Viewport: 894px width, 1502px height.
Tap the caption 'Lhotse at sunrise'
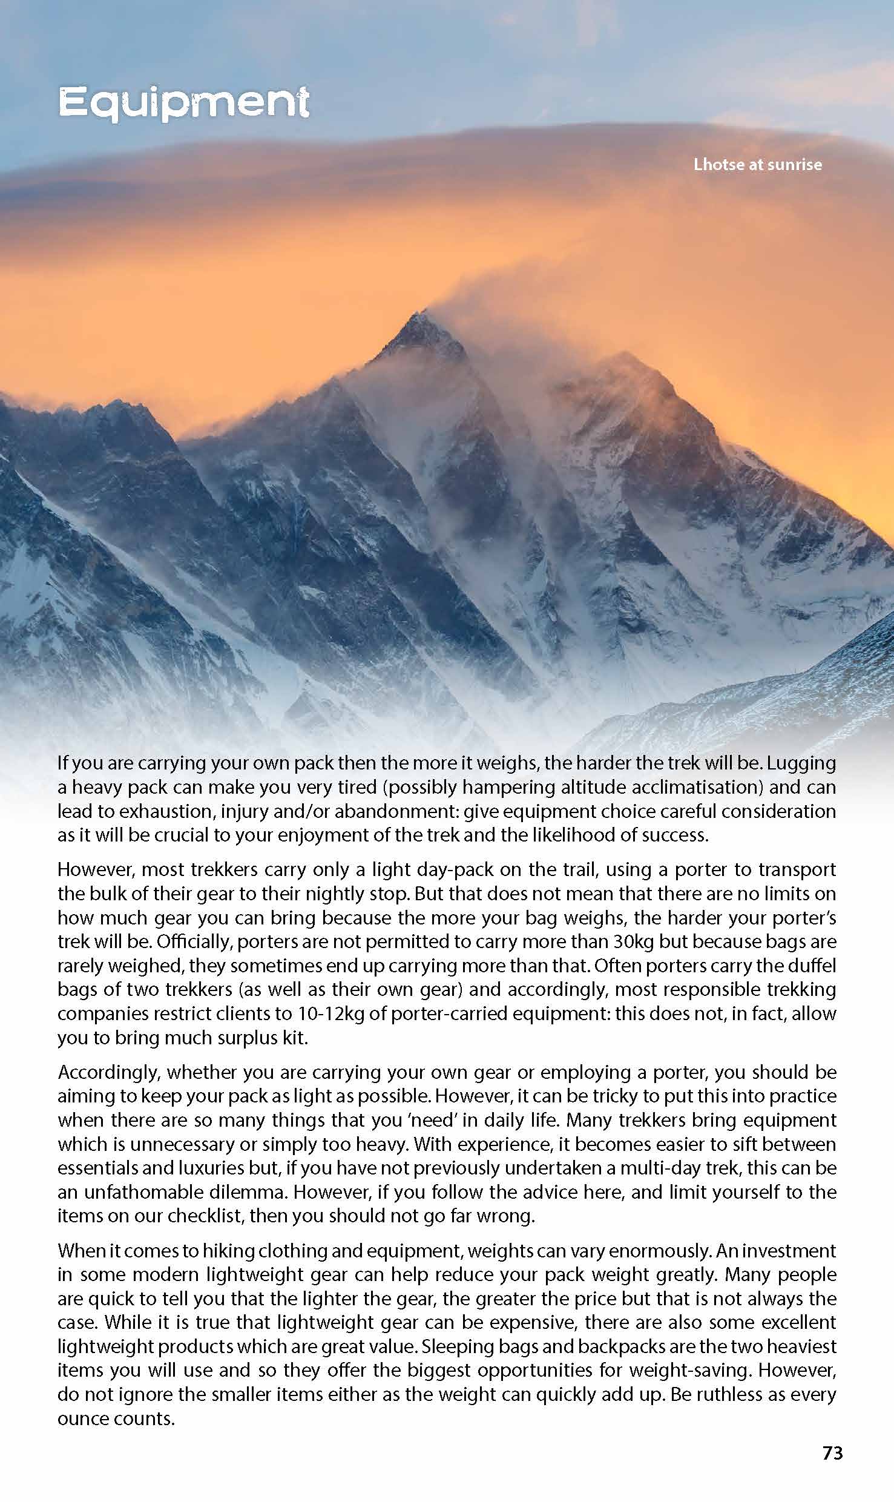click(757, 165)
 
